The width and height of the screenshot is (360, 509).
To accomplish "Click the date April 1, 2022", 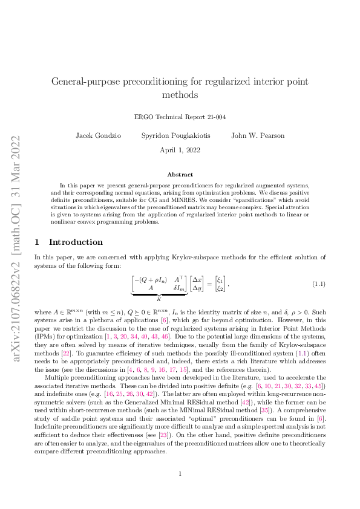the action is tap(180, 150).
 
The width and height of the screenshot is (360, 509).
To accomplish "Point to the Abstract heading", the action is tap(180, 174).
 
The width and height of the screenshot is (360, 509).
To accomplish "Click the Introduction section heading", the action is tap(76, 242).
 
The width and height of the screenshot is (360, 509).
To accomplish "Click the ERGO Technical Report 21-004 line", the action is tap(180, 117).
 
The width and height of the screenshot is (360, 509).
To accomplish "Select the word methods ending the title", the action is tap(180, 95).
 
